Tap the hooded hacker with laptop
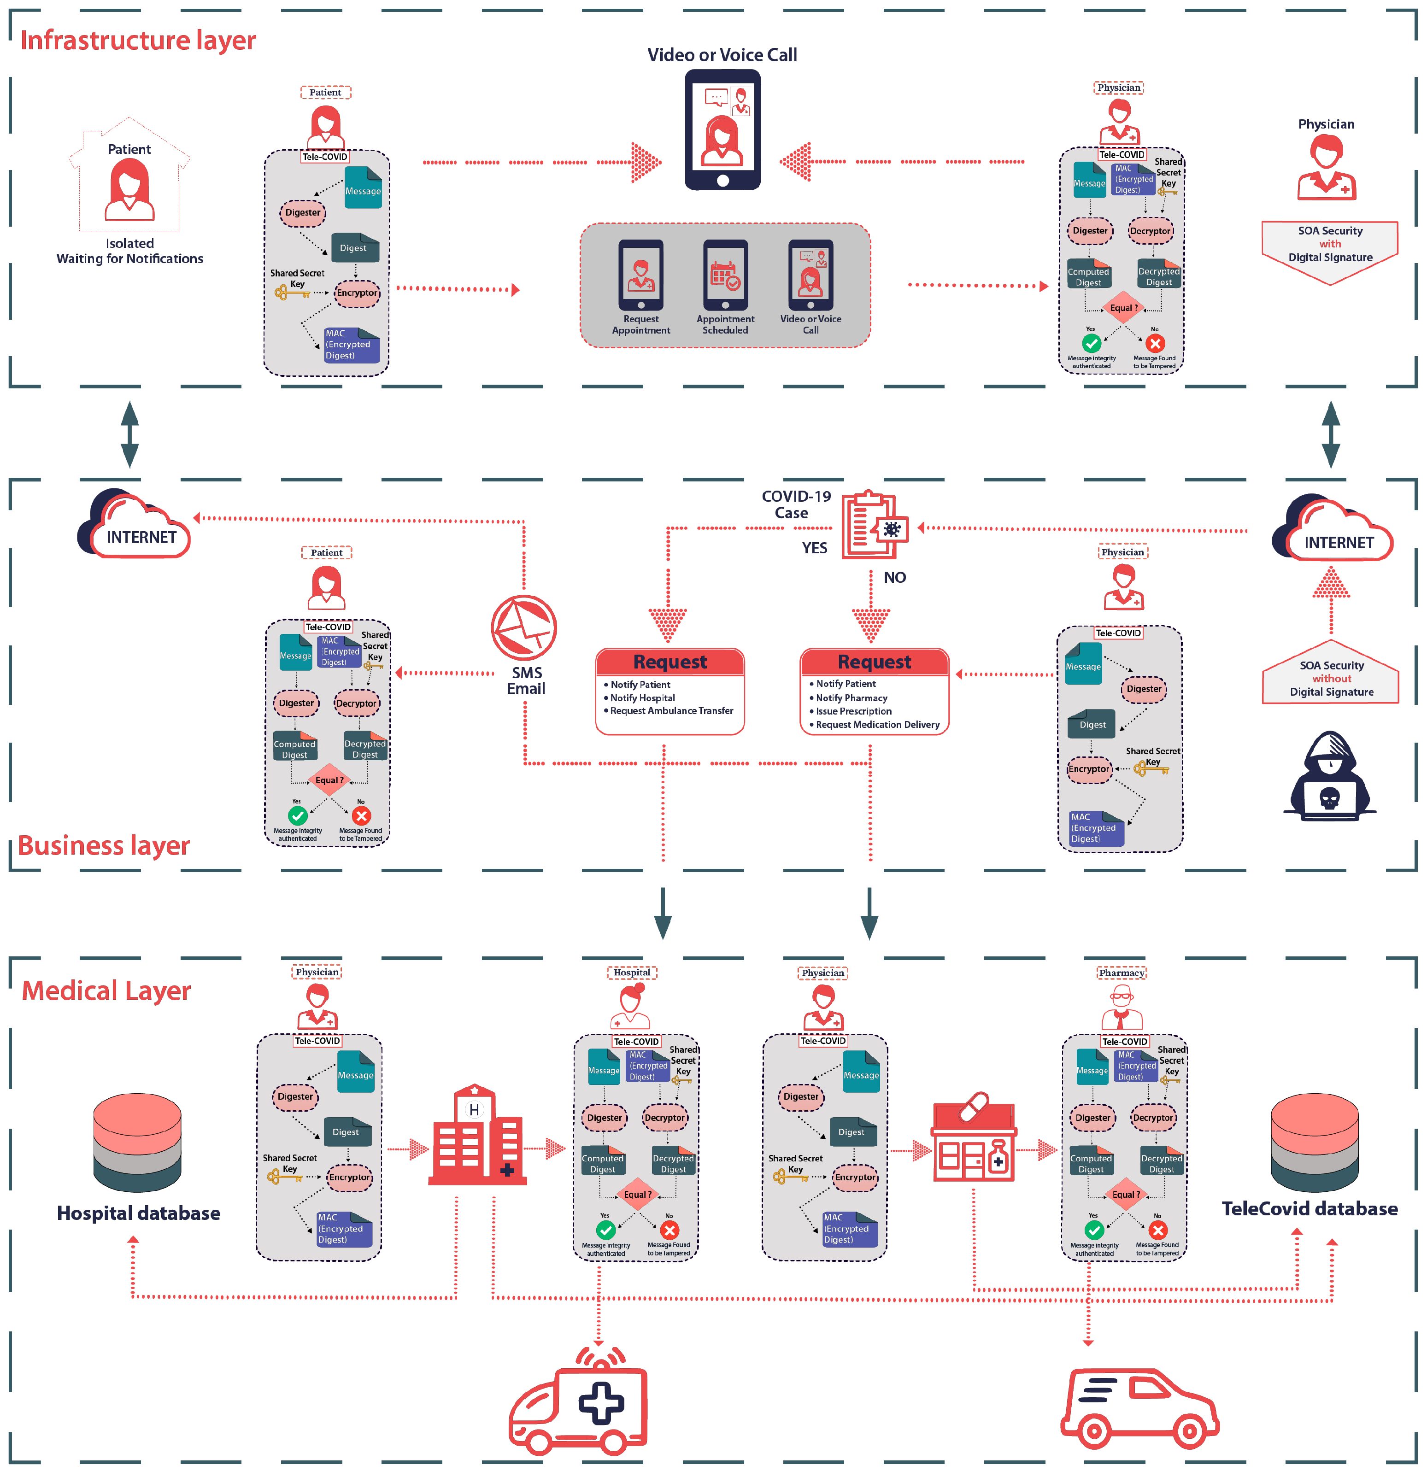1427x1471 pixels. pyautogui.click(x=1329, y=777)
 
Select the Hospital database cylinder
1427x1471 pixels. pyautogui.click(x=137, y=1142)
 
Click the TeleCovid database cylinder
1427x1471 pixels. pyautogui.click(x=1315, y=1142)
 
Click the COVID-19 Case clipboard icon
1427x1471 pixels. pyautogui.click(x=872, y=525)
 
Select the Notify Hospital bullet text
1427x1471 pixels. pyautogui.click(x=643, y=697)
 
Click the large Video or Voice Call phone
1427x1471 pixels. pyautogui.click(x=722, y=130)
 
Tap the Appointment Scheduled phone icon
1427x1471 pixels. pyautogui.click(x=725, y=275)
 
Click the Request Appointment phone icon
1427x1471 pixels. pyautogui.click(x=640, y=275)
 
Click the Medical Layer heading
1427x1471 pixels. pyautogui.click(x=106, y=990)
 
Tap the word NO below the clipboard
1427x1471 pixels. pyautogui.click(x=894, y=577)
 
